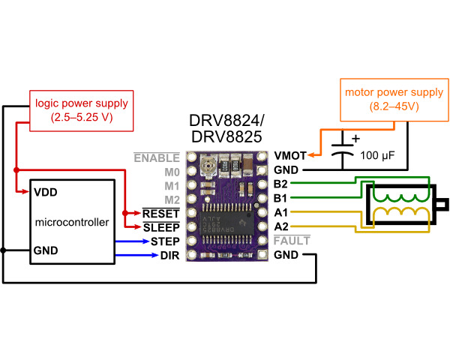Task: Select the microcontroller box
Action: [x=72, y=222]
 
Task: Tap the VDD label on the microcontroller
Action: [x=46, y=192]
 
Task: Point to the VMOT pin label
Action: [x=290, y=156]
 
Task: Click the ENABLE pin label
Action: [x=157, y=157]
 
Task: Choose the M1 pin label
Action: [x=172, y=185]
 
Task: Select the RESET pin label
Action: [x=160, y=213]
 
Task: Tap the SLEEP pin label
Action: [x=160, y=227]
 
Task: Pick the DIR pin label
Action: [x=169, y=256]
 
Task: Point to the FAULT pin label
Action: [x=291, y=241]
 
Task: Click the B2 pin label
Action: [x=282, y=184]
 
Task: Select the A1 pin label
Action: [x=282, y=213]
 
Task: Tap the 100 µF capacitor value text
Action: [x=378, y=157]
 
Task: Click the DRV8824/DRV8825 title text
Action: [x=227, y=130]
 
